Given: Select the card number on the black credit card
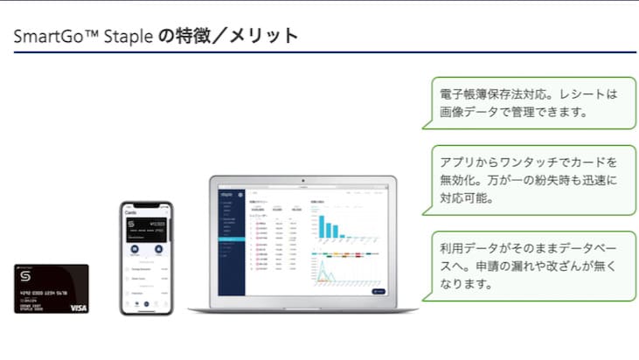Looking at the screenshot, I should (x=44, y=294).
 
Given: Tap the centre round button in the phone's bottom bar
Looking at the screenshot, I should (x=146, y=305).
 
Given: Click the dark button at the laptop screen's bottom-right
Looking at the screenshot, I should (x=378, y=291).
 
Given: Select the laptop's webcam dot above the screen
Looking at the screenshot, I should (x=302, y=180).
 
